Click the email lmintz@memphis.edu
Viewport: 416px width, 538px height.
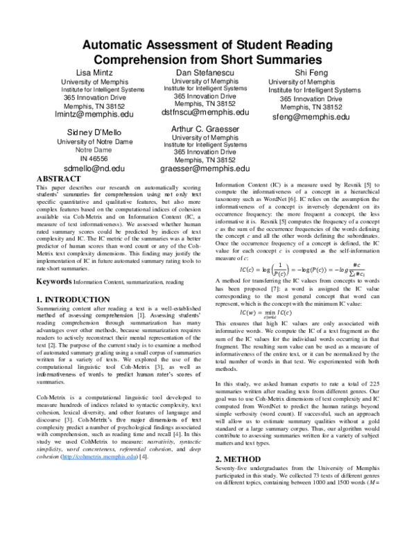pyautogui.click(x=94, y=117)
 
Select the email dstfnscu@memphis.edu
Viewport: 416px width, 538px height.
pyautogui.click(x=205, y=112)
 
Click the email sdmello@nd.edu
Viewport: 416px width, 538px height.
pyautogui.click(x=94, y=168)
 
